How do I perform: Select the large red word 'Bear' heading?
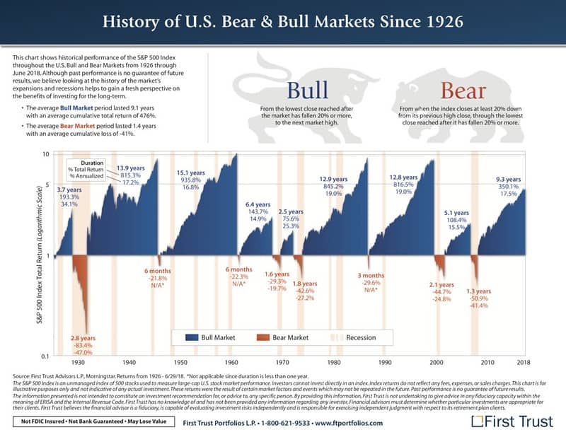463,91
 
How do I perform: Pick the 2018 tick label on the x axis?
524,361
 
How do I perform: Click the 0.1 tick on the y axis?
45,355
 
